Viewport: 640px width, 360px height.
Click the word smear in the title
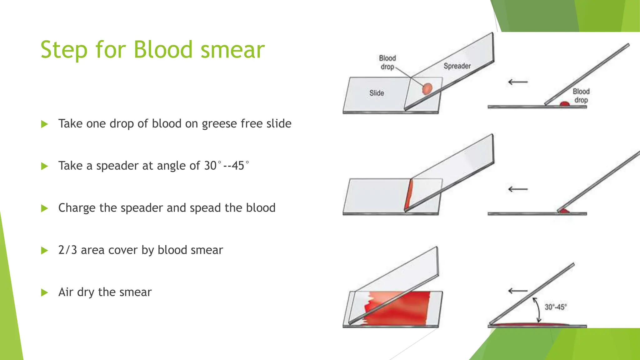pos(232,50)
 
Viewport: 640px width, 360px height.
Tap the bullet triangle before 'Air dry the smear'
pos(44,292)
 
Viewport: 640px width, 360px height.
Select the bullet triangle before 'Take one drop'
pos(44,124)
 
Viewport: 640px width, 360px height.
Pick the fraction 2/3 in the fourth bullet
pos(67,250)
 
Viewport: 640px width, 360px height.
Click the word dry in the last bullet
pos(85,292)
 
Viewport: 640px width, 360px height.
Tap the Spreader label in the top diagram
pos(457,66)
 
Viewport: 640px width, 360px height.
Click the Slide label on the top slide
pos(377,93)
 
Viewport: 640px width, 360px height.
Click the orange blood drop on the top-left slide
pos(427,88)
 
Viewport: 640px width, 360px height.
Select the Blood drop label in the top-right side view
pos(581,96)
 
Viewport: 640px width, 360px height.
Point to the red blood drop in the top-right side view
pos(564,104)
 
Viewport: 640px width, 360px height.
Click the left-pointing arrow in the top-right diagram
pos(518,82)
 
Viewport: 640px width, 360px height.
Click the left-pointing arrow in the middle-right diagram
pos(518,189)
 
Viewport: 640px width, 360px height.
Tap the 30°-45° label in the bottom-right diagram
pos(556,307)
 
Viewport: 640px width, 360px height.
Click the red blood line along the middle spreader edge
pos(408,195)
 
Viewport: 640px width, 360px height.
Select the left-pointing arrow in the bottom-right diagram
pos(518,291)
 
